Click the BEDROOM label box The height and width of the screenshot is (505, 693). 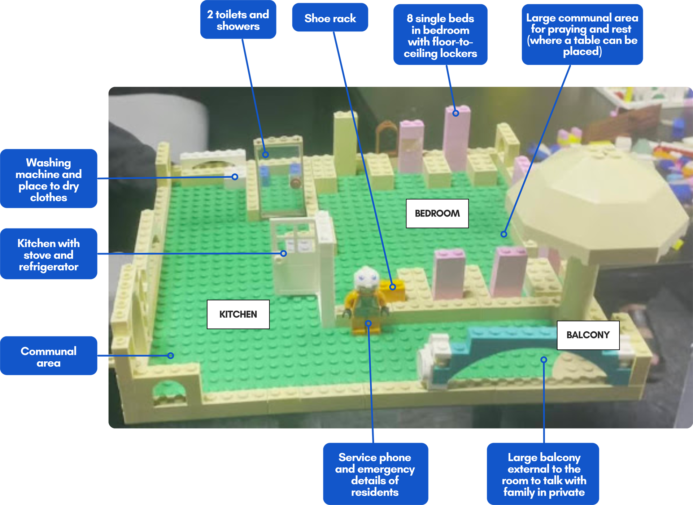pyautogui.click(x=437, y=213)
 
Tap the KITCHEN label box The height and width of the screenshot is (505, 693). pyautogui.click(x=238, y=314)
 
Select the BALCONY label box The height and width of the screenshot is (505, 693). pyautogui.click(x=588, y=335)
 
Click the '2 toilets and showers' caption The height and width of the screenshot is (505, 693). pyautogui.click(x=238, y=21)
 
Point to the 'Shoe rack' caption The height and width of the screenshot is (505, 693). pyautogui.click(x=330, y=18)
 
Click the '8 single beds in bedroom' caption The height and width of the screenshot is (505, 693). pyautogui.click(x=440, y=36)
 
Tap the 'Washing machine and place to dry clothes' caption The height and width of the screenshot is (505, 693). pyautogui.click(x=49, y=180)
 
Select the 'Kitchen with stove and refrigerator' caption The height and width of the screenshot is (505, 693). pyautogui.click(x=49, y=255)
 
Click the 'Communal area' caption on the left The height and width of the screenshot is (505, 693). pyautogui.click(x=49, y=357)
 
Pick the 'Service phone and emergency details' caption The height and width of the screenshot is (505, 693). pyautogui.click(x=375, y=474)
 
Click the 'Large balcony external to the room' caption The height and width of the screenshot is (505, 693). pyautogui.click(x=544, y=474)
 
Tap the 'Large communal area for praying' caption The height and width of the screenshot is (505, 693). pyautogui.click(x=582, y=35)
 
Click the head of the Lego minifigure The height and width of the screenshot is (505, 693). pyautogui.click(x=366, y=278)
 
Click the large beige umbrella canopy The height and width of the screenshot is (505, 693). pyautogui.click(x=596, y=202)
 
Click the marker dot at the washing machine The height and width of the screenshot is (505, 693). pyautogui.click(x=235, y=177)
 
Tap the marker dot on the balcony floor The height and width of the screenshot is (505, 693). pyautogui.click(x=544, y=360)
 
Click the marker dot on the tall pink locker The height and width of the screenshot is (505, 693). pyautogui.click(x=456, y=113)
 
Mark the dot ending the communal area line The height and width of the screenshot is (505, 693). pyautogui.click(x=171, y=356)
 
